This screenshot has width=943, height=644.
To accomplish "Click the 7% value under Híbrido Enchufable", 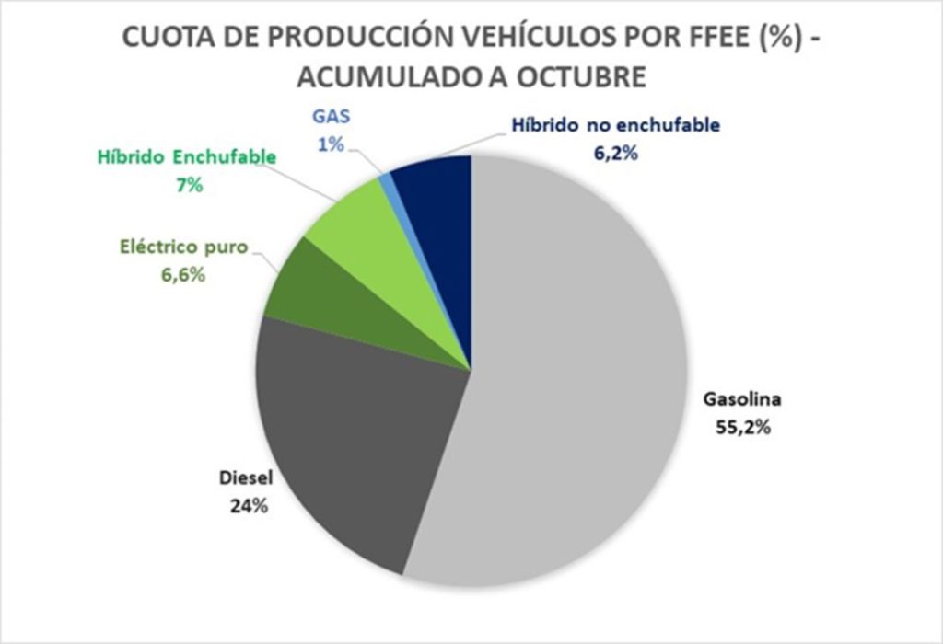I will click(186, 184).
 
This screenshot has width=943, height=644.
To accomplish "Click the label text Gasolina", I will click(741, 400).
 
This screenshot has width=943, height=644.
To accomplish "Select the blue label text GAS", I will click(327, 119).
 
